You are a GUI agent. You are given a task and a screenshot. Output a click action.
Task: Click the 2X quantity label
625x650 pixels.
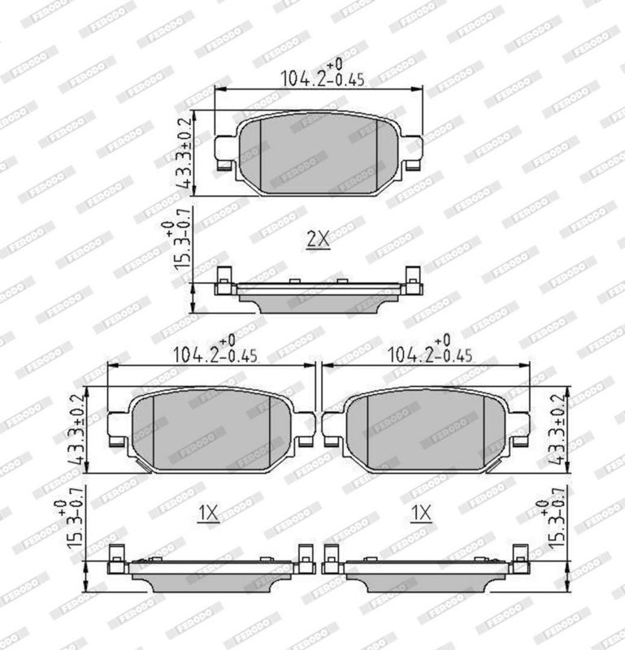318,240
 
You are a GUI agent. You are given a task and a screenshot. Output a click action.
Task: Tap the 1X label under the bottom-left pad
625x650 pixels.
208,513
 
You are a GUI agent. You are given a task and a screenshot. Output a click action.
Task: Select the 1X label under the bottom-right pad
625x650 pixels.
421,513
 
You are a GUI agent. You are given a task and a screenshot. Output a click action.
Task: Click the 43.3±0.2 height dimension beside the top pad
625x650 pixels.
184,153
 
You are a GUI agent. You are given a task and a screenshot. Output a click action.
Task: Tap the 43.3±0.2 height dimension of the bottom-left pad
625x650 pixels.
76,430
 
